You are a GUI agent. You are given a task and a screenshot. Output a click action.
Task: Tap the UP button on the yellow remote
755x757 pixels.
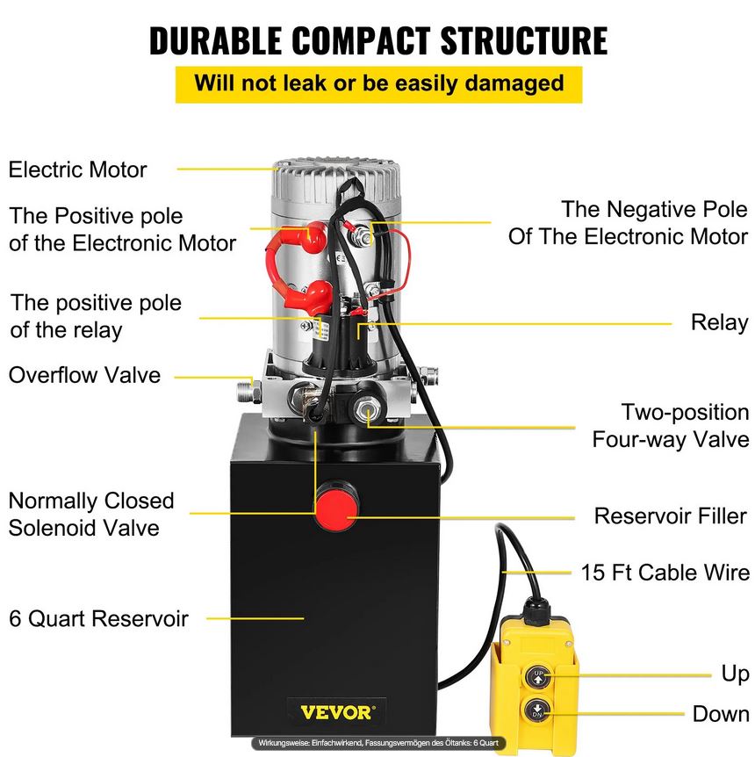537,676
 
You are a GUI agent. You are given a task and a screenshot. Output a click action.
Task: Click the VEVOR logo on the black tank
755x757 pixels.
336,710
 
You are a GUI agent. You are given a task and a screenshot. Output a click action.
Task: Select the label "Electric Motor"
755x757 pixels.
78,169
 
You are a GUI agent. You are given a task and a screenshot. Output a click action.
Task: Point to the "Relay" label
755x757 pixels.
719,322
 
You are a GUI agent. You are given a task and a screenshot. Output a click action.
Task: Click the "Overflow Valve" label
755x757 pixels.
85,375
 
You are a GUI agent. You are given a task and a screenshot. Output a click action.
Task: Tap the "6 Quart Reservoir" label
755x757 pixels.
98,618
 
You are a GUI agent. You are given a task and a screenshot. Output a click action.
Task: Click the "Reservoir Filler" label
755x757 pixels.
670,515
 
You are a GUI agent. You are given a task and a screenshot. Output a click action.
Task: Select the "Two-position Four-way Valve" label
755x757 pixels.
671,425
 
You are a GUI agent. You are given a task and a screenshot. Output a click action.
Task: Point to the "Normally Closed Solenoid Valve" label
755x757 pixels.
91,514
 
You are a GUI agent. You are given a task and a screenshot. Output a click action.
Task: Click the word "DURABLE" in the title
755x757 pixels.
218,40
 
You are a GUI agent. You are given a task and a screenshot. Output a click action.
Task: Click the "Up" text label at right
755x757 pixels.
736,674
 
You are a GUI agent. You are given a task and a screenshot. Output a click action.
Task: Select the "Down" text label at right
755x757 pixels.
720,713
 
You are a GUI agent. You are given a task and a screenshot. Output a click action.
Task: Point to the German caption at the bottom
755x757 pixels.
377,743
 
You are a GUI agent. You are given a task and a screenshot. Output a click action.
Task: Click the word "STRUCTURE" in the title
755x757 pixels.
523,40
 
